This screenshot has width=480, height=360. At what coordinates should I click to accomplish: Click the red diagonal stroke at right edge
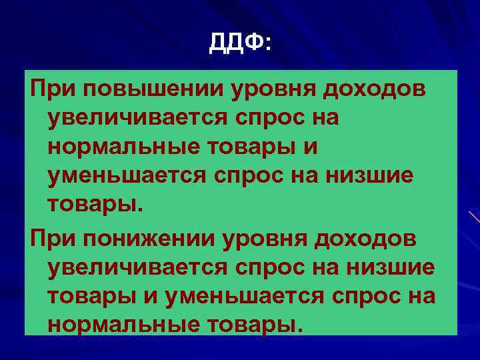click(473, 217)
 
